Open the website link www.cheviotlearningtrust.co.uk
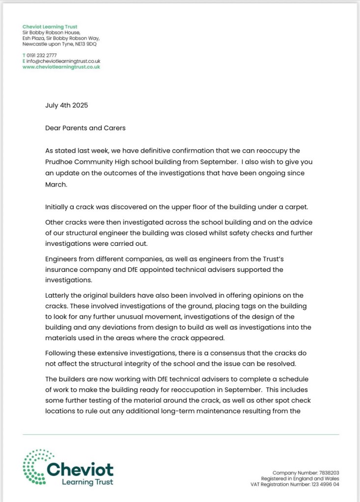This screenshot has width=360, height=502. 61,67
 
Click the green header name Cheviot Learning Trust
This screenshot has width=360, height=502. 50,26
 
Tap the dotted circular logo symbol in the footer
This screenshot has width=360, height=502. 35,466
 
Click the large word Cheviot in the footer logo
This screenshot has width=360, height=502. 81,469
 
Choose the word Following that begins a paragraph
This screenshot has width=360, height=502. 62,353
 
